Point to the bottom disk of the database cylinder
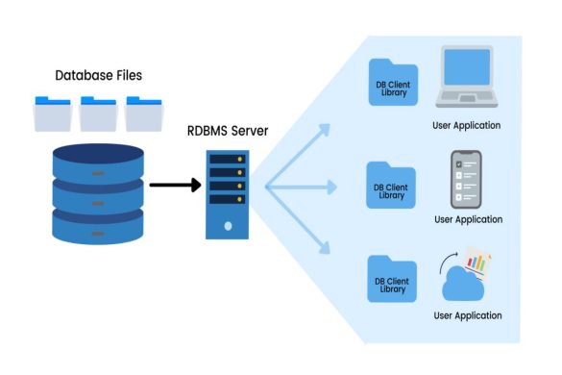click(97, 227)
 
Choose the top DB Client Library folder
click(391, 84)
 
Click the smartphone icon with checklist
click(467, 180)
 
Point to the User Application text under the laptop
click(468, 125)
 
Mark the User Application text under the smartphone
click(468, 219)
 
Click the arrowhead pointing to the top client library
click(325, 127)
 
